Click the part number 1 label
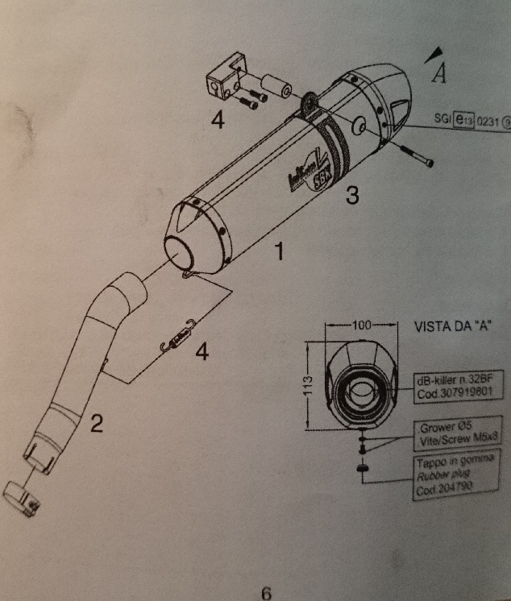pyautogui.click(x=277, y=253)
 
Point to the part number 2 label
pyautogui.click(x=96, y=422)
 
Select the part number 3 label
pyautogui.click(x=351, y=195)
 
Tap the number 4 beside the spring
pyautogui.click(x=201, y=351)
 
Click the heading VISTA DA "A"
pyautogui.click(x=452, y=328)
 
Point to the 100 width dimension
pyautogui.click(x=361, y=325)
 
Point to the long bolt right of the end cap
pyautogui.click(x=413, y=155)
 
